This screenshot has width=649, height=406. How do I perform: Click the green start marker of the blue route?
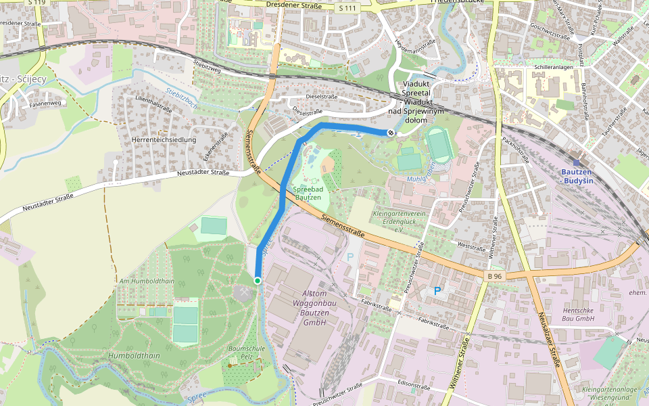click(x=258, y=280)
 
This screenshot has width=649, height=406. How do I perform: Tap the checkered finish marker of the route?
click(x=390, y=133)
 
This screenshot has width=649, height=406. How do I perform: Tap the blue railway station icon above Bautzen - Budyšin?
click(x=576, y=162)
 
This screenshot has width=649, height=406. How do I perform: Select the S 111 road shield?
click(x=347, y=8)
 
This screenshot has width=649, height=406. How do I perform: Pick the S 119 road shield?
click(x=37, y=3)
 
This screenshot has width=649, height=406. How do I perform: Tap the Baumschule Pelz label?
click(x=245, y=351)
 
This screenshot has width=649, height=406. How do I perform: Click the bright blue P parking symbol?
click(x=437, y=291)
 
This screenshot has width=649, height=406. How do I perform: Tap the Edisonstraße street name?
click(x=414, y=386)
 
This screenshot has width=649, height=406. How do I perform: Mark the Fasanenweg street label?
click(x=45, y=104)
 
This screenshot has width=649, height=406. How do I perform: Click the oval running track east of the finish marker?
click(x=439, y=143)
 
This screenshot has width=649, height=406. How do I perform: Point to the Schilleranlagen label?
click(x=553, y=68)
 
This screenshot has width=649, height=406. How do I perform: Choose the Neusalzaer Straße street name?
click(x=549, y=342)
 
